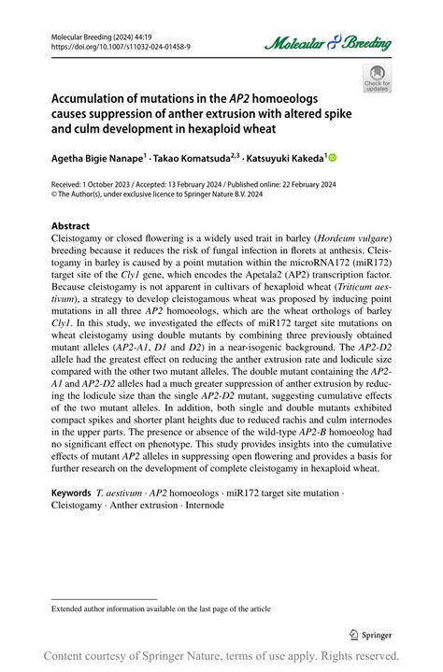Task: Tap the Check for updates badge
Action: click(x=378, y=78)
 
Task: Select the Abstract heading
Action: click(x=70, y=226)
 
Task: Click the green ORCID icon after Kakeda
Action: click(x=332, y=159)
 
